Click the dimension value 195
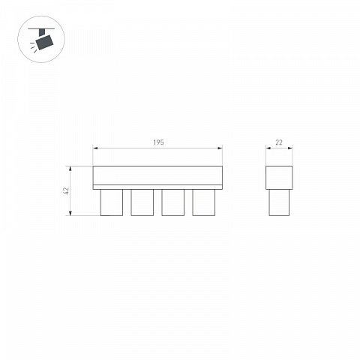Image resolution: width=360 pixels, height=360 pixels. [x=158, y=142]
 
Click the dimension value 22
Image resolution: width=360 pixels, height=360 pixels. [x=279, y=142]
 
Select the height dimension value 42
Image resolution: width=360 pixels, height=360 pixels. [x=66, y=190]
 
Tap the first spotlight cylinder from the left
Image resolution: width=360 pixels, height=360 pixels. [x=112, y=202]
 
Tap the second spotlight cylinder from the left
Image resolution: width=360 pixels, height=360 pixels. [x=142, y=202]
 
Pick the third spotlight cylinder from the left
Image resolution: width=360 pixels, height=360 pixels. [x=173, y=202]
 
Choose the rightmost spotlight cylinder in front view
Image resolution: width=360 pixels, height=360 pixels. [x=204, y=202]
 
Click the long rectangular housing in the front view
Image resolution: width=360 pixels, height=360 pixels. [x=157, y=175]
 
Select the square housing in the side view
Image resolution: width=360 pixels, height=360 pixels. [x=279, y=178]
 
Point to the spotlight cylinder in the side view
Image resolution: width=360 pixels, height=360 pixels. [x=279, y=202]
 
